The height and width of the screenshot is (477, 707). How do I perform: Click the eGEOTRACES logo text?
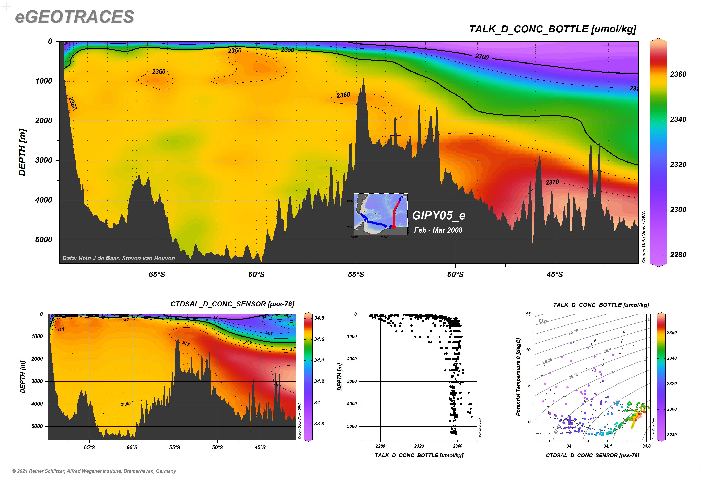point(74,17)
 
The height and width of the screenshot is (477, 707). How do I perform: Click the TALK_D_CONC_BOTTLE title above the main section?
point(552,29)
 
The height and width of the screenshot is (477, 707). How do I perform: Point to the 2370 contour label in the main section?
point(552,182)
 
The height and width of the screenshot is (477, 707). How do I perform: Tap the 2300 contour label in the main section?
point(482,57)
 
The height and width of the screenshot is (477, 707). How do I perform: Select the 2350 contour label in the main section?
point(287,50)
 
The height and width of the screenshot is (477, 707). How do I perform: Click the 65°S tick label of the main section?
point(157,275)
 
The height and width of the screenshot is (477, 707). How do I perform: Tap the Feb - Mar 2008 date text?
point(438,230)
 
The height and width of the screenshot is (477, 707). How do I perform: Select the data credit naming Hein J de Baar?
point(118,258)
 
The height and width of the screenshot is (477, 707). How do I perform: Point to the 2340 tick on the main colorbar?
point(678,119)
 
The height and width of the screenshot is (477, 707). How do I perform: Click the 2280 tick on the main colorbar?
point(678,255)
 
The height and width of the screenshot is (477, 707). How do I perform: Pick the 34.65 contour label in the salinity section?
point(125,404)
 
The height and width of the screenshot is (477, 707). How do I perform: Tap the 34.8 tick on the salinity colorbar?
point(319,318)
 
